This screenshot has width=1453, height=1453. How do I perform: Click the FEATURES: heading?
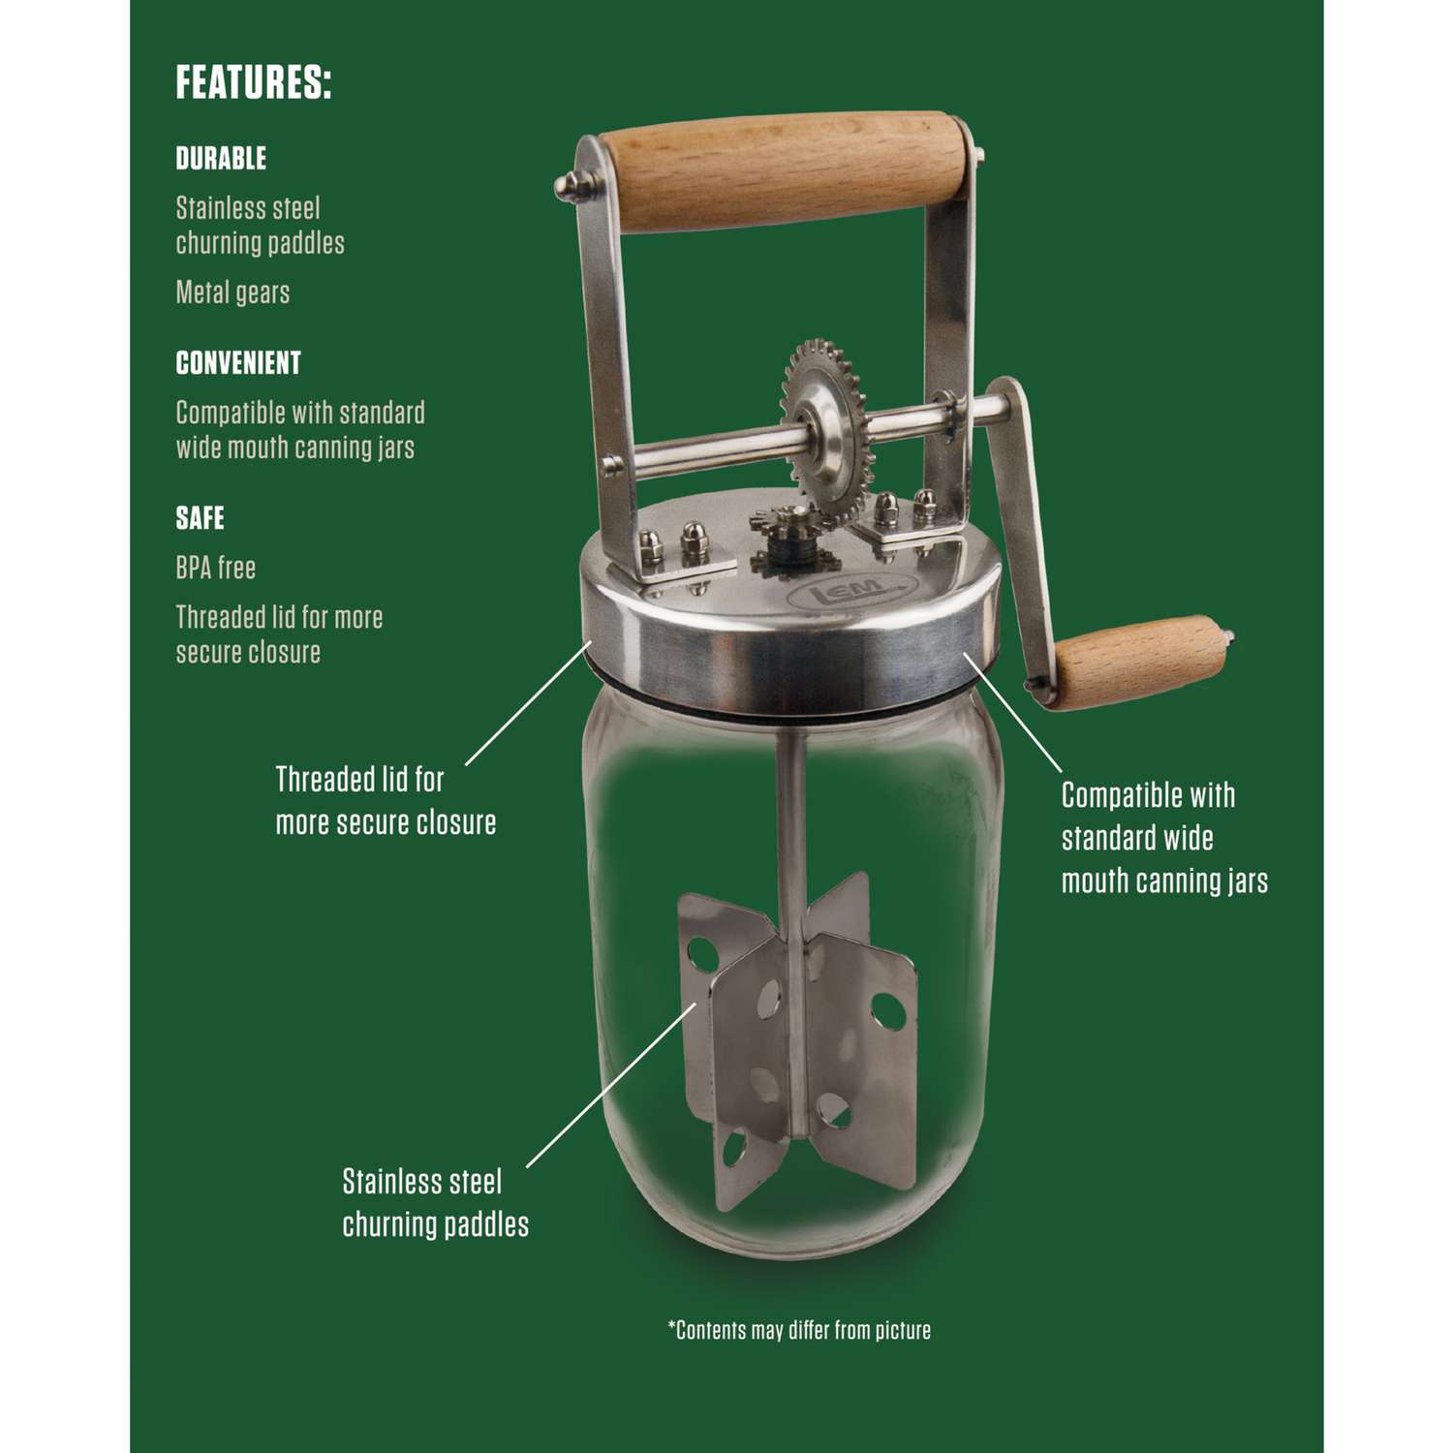[x=254, y=82]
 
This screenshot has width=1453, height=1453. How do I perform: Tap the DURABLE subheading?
[x=221, y=158]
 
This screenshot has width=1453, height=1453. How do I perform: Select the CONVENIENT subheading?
[x=238, y=363]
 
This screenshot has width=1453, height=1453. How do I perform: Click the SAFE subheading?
[x=200, y=518]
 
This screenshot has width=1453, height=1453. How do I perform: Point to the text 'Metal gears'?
[x=232, y=292]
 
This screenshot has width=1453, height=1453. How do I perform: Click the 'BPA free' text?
[x=215, y=568]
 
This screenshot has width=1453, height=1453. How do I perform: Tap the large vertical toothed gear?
[x=824, y=427]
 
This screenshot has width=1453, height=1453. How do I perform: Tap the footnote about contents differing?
[x=799, y=1330]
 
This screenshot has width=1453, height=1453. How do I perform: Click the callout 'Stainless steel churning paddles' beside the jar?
[x=436, y=1202]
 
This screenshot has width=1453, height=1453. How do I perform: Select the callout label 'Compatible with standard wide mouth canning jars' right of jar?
[x=1164, y=838]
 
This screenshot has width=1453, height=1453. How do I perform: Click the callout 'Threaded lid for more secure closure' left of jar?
[x=386, y=800]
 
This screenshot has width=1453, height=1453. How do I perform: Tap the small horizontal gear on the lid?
[x=789, y=548]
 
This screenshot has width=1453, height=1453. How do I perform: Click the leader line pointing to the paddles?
[x=611, y=1085]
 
